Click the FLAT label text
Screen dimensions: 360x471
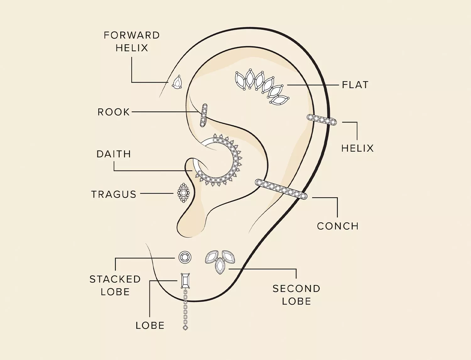(x=355, y=85)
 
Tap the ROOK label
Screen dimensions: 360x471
(x=114, y=112)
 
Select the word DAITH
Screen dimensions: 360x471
(x=114, y=154)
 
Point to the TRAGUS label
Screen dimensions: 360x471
(x=114, y=194)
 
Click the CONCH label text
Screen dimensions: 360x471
(x=338, y=226)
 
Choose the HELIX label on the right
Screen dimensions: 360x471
(x=357, y=148)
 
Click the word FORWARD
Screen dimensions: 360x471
(x=132, y=35)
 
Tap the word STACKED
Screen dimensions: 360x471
(x=115, y=279)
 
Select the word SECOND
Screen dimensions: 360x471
(x=296, y=289)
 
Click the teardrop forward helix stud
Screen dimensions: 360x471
(x=177, y=83)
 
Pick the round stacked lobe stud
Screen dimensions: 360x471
(x=185, y=257)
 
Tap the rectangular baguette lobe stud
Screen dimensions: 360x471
(x=185, y=281)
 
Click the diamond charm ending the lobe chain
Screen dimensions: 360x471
(x=185, y=328)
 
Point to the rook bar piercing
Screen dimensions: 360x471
(x=204, y=115)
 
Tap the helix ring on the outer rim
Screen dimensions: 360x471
(x=322, y=120)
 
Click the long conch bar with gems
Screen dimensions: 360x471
(x=281, y=189)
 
